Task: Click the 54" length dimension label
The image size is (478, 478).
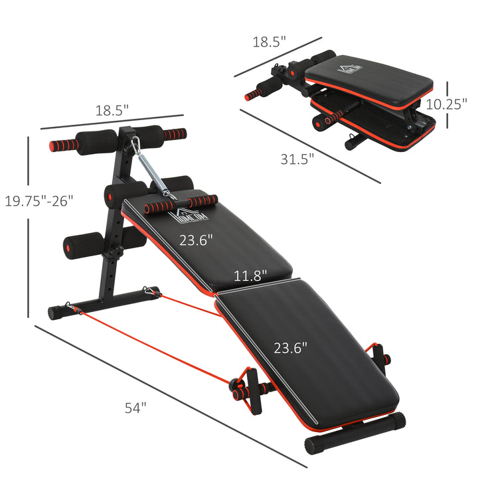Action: click(x=135, y=408)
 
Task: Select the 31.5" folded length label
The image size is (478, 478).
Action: click(x=297, y=158)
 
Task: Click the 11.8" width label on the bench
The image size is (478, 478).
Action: click(x=250, y=274)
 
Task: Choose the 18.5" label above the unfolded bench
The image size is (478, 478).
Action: click(x=111, y=110)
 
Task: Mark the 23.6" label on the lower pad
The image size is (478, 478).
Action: click(x=291, y=347)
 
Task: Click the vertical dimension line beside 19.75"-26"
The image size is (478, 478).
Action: click(x=29, y=226)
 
